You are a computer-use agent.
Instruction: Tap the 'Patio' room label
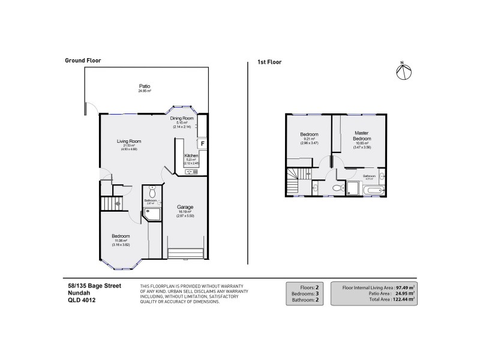click(x=145, y=86)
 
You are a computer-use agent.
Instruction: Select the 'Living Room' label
click(x=128, y=142)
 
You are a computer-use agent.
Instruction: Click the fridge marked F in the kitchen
click(x=202, y=143)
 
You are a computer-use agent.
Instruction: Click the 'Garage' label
click(x=185, y=207)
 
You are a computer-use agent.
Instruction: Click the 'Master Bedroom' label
click(x=361, y=136)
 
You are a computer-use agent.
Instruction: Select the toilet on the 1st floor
click(x=337, y=188)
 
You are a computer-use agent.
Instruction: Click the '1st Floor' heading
click(x=269, y=62)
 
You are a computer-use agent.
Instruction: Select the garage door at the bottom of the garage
click(x=186, y=253)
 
